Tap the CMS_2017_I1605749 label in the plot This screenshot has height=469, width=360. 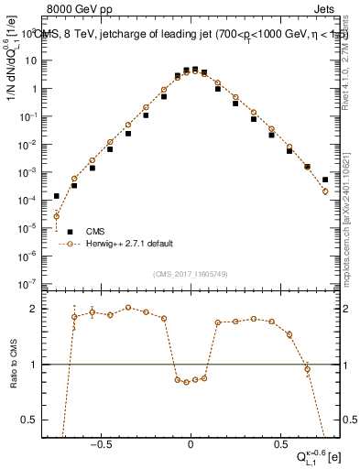click(191, 274)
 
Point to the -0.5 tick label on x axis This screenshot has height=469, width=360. click(102, 442)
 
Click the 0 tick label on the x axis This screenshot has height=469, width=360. click(191, 442)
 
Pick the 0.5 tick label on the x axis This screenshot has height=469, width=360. click(278, 442)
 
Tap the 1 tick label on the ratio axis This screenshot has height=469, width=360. click(38, 365)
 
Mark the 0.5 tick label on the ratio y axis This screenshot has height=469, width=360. click(33, 420)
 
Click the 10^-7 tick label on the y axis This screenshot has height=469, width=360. click(34, 283)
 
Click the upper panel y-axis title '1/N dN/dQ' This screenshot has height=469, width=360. click(13, 82)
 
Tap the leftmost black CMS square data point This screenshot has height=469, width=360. click(57, 196)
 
